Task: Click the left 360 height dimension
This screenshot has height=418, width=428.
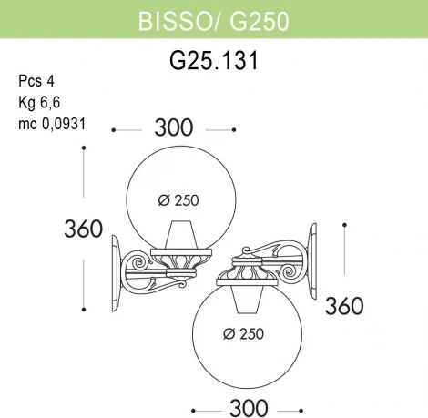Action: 83,230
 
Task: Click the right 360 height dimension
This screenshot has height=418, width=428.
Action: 345,303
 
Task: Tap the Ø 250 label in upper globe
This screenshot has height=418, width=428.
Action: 180,200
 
